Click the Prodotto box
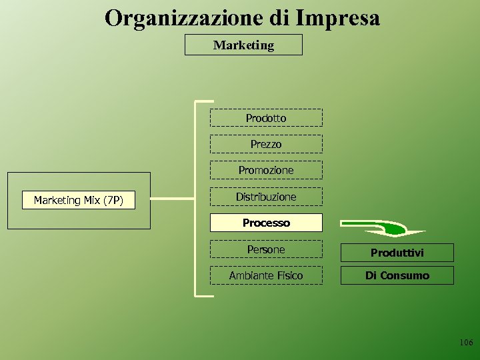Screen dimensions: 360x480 266,118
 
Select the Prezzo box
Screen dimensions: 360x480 266,144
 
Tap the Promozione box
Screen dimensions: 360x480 266,170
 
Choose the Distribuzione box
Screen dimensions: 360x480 266,197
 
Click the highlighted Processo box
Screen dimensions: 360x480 266,223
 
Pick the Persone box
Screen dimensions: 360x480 266,249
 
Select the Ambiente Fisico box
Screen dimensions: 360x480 266,275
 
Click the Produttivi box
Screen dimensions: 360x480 397,253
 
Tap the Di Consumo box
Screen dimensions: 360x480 397,275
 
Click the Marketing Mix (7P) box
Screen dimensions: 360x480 78,200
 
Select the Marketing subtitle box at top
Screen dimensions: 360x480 243,45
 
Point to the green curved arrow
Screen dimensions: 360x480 383,228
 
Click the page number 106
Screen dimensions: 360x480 466,342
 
